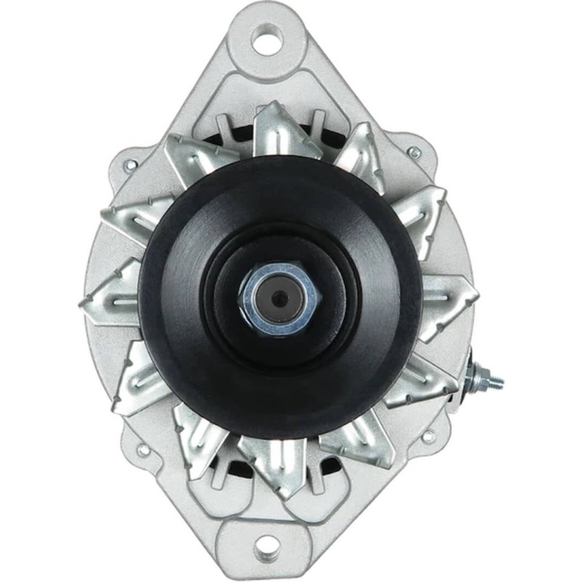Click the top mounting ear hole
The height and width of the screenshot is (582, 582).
[x=266, y=39]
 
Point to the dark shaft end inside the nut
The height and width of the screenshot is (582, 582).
[x=279, y=298]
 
